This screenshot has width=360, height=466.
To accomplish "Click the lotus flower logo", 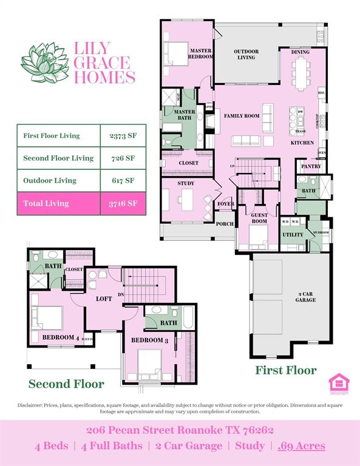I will point(46,62).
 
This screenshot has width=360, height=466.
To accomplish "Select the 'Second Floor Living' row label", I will point(58,158).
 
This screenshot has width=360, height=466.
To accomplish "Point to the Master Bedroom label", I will point(201,53).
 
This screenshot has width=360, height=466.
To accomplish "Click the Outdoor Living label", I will point(246,55).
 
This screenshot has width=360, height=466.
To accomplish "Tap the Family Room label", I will point(242,115).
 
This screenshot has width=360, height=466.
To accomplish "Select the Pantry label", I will point(311,166).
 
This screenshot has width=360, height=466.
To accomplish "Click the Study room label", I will point(186,183).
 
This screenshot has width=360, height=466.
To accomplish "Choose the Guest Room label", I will point(259,218).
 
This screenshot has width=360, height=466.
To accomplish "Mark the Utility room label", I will point(293,234).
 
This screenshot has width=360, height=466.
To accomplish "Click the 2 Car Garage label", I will point(305,297).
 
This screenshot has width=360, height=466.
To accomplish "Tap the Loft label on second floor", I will point(104,299).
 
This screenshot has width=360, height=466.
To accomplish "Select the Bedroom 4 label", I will point(59,337).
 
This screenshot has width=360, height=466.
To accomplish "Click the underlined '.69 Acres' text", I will point(301,446).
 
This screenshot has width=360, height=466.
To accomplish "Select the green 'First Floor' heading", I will point(285,370).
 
